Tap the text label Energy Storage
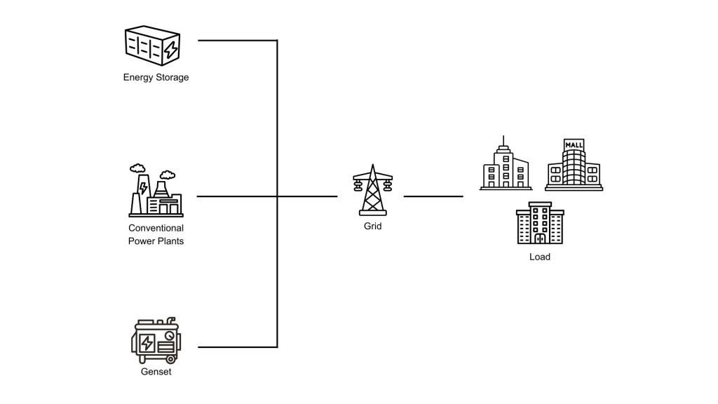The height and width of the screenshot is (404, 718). (156, 77)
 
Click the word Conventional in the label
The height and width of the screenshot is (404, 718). (156, 228)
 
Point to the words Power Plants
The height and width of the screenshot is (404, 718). (156, 241)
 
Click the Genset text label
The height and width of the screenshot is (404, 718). (156, 372)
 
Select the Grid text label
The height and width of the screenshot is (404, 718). (372, 227)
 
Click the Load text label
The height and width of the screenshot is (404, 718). (539, 257)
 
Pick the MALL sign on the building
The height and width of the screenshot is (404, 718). (574, 145)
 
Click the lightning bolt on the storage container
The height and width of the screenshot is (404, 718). (170, 49)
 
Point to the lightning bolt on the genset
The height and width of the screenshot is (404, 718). (148, 343)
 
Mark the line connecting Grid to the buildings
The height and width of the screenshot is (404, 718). (433, 196)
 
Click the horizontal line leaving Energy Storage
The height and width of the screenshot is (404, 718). (238, 41)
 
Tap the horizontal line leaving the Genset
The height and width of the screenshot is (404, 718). (238, 347)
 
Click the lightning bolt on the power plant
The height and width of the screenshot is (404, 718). (144, 188)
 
